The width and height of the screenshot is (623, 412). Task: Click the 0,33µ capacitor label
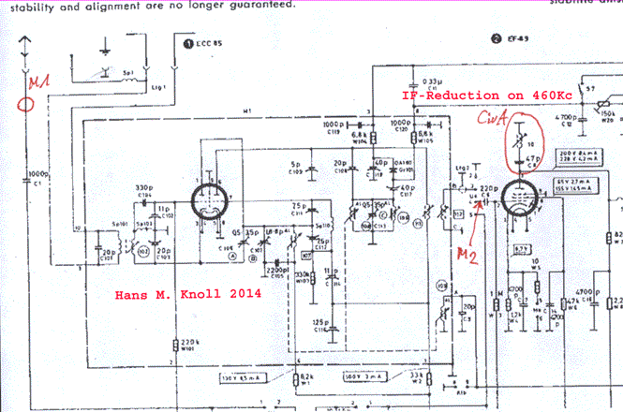tap(433, 81)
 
